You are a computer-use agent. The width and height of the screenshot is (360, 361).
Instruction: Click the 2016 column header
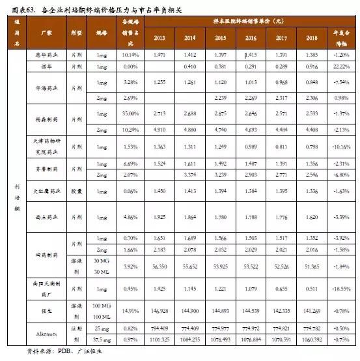click(251, 38)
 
